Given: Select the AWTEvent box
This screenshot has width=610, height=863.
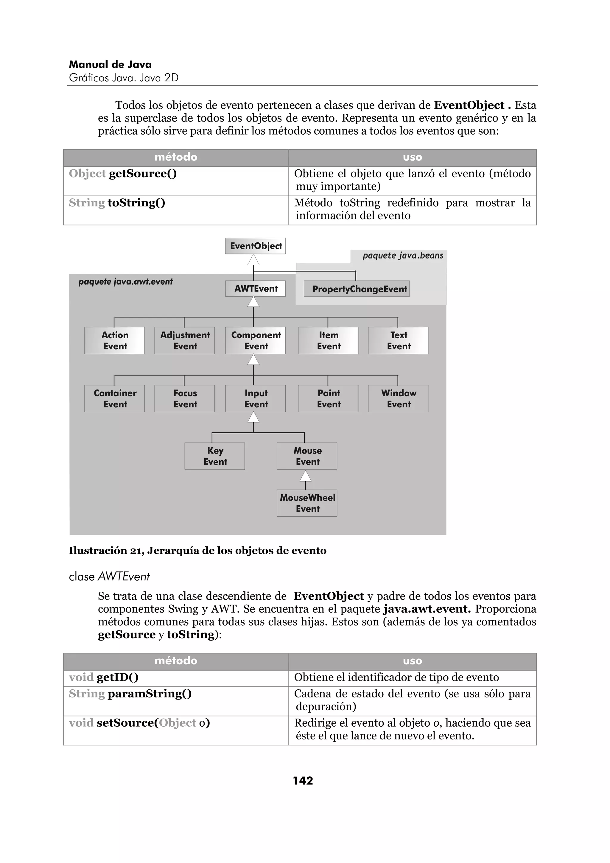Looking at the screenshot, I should [255, 289].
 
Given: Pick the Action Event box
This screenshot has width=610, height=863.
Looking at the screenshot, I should [114, 341].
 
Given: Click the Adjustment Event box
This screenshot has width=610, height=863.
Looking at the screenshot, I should [185, 341].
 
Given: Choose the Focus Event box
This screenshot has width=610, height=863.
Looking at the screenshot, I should [185, 398].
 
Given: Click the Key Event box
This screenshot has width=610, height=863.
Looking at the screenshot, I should [215, 456].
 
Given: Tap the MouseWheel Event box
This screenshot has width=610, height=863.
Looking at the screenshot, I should [307, 503].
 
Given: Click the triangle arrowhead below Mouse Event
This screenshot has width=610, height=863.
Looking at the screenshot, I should [306, 476].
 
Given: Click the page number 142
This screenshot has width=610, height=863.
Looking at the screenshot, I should [303, 781].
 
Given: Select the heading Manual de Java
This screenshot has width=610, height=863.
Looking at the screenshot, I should [110, 65].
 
